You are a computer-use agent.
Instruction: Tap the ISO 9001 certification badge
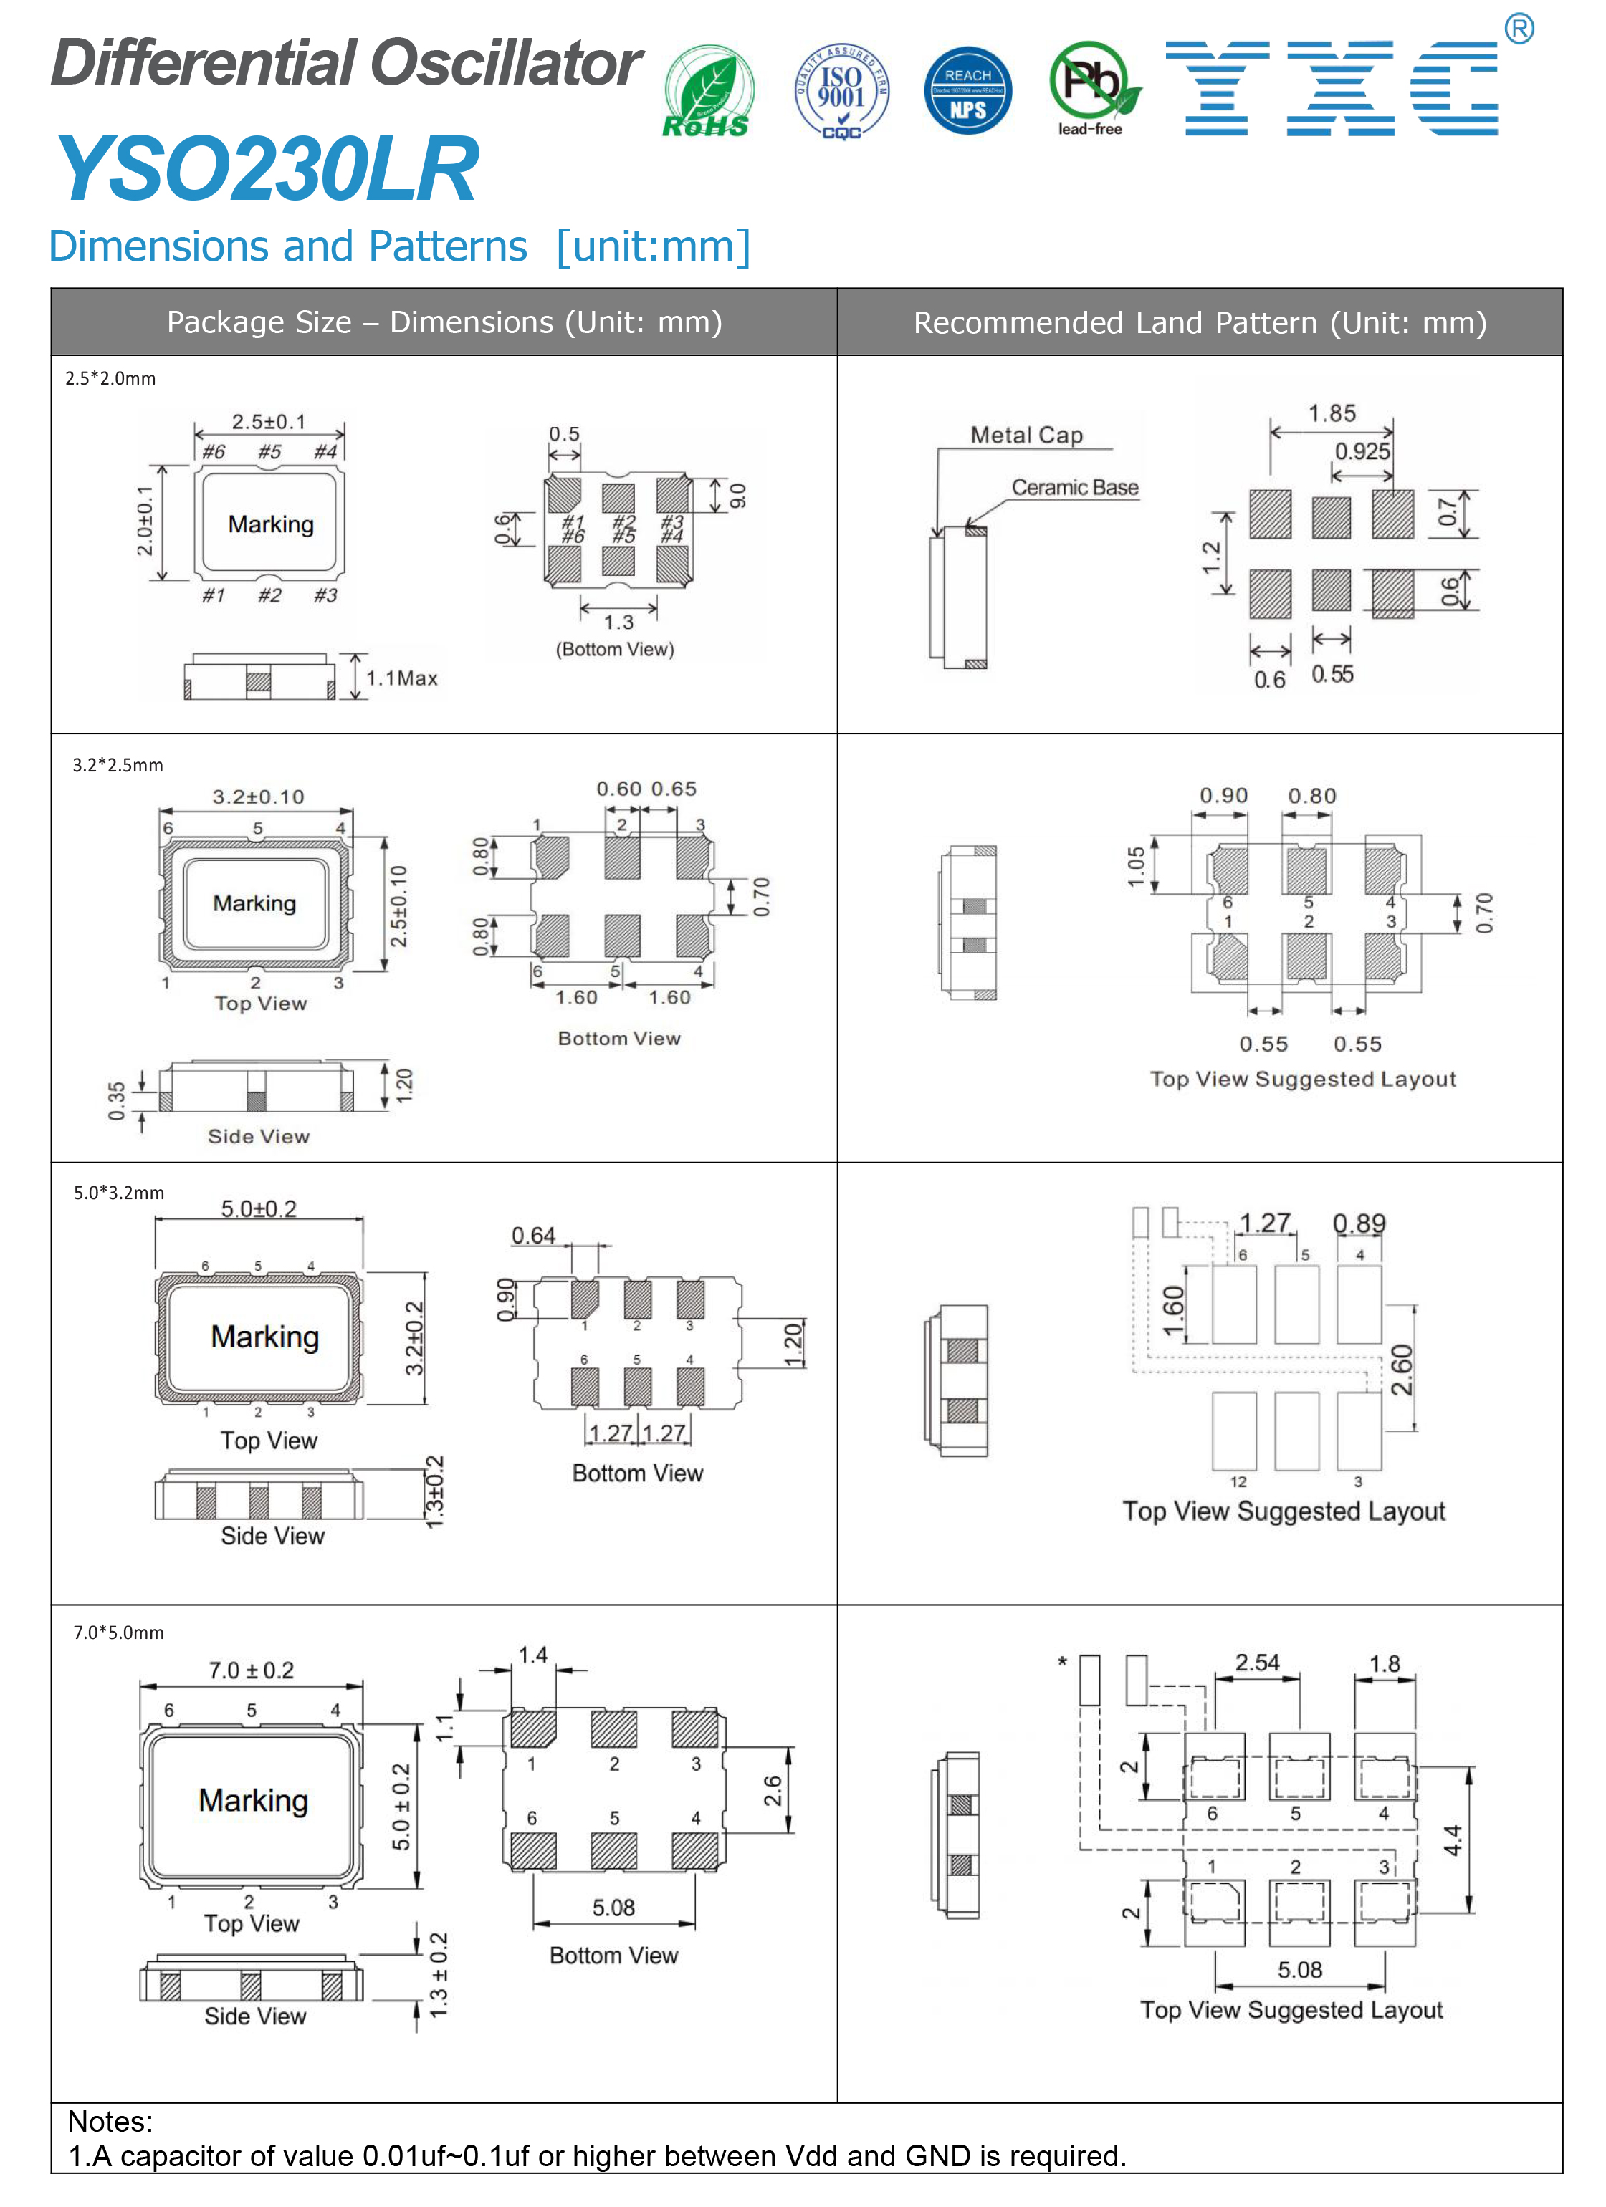pyautogui.click(x=841, y=90)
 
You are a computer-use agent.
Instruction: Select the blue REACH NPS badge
pyautogui.click(x=967, y=90)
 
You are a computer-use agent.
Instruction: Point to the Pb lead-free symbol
pyautogui.click(x=1092, y=87)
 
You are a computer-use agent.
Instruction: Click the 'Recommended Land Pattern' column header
pyautogui.click(x=1199, y=323)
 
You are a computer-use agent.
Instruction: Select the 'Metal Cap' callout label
pyautogui.click(x=1026, y=435)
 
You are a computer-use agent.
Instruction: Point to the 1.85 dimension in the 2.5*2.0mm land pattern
pyautogui.click(x=1332, y=413)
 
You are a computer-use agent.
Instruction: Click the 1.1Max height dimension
pyautogui.click(x=401, y=678)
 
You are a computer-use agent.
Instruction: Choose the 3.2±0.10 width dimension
pyautogui.click(x=258, y=797)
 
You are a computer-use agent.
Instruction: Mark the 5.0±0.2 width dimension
pyautogui.click(x=258, y=1208)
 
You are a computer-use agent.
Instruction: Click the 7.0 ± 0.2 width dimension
pyautogui.click(x=251, y=1670)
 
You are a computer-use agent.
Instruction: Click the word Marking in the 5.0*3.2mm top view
pyautogui.click(x=264, y=1337)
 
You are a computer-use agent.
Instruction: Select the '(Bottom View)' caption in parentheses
pyautogui.click(x=614, y=649)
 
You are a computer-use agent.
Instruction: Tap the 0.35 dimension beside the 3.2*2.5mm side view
pyautogui.click(x=117, y=1100)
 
